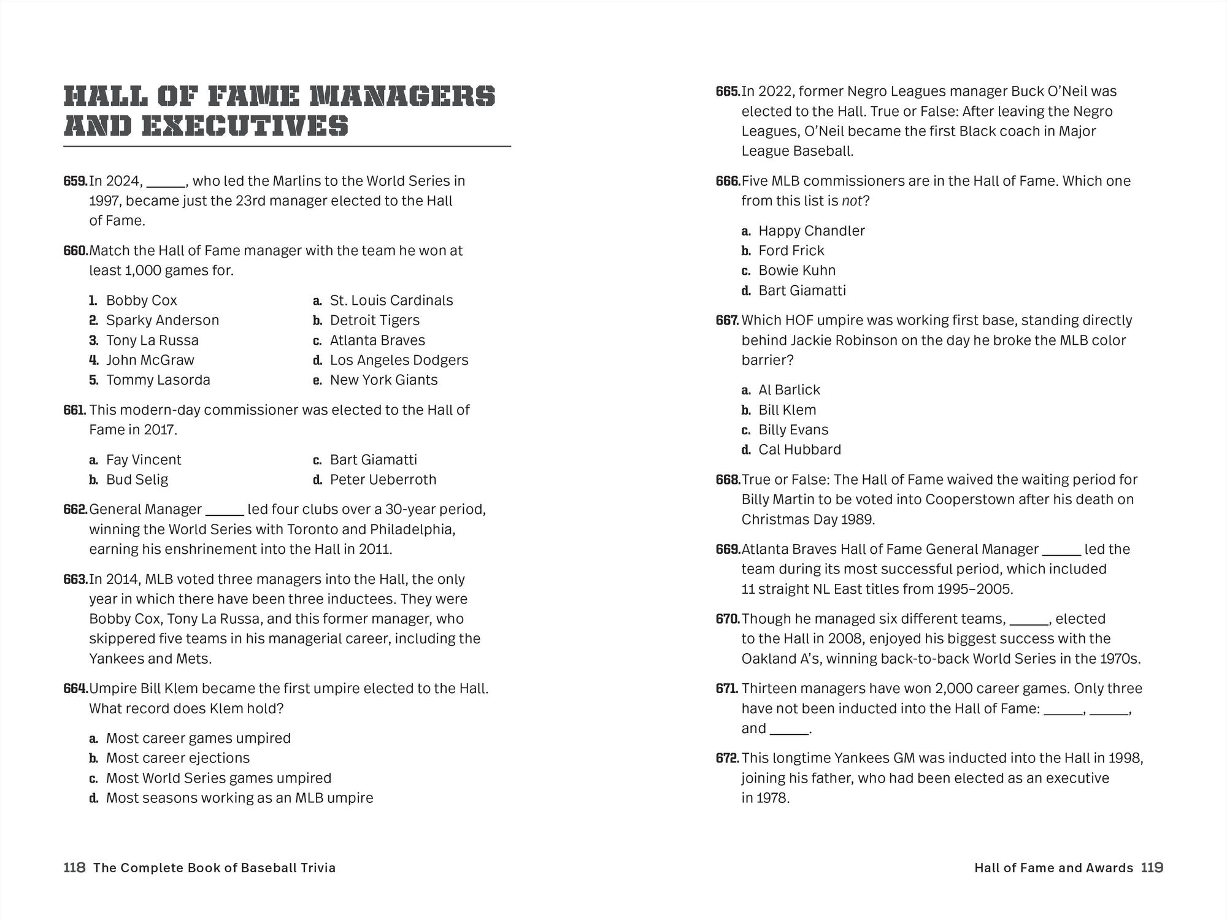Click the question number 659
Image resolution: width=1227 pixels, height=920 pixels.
pyautogui.click(x=75, y=181)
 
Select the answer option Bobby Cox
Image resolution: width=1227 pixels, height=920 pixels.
pyautogui.click(x=141, y=301)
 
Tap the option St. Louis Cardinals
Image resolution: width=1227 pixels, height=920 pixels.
pyautogui.click(x=391, y=301)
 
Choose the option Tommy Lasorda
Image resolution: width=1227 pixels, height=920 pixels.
pyautogui.click(x=158, y=380)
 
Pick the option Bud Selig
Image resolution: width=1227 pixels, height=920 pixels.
pyautogui.click(x=137, y=480)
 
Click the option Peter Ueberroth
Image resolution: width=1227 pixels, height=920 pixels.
pyautogui.click(x=383, y=480)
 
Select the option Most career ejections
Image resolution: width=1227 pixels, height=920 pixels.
pyautogui.click(x=178, y=758)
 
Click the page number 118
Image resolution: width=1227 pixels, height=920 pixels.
pyautogui.click(x=74, y=868)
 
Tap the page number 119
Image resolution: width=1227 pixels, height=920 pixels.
pyautogui.click(x=1152, y=868)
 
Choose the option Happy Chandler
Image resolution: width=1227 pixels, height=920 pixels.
pyautogui.click(x=811, y=231)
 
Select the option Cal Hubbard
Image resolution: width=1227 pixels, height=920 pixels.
pyautogui.click(x=799, y=450)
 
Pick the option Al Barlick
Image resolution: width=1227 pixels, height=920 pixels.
pyautogui.click(x=789, y=390)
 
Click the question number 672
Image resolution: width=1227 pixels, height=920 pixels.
pyautogui.click(x=728, y=758)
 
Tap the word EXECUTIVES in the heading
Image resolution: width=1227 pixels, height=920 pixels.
pyautogui.click(x=245, y=126)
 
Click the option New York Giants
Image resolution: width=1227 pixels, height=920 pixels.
pyautogui.click(x=383, y=380)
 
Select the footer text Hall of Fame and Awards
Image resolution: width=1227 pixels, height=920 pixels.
pyautogui.click(x=1053, y=868)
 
